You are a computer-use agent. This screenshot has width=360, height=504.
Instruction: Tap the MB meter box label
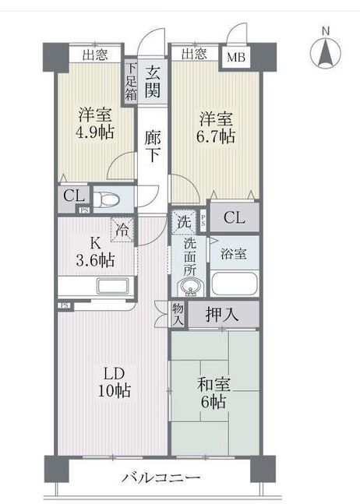click(235, 56)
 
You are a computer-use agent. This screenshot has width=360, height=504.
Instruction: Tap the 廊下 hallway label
click(154, 144)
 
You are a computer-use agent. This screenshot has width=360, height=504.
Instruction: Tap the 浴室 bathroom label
click(234, 253)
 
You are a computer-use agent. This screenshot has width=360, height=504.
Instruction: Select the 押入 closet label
click(221, 315)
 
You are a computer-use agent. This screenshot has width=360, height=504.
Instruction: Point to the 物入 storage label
click(178, 314)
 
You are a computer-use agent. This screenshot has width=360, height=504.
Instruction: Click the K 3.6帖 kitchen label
click(94, 250)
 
